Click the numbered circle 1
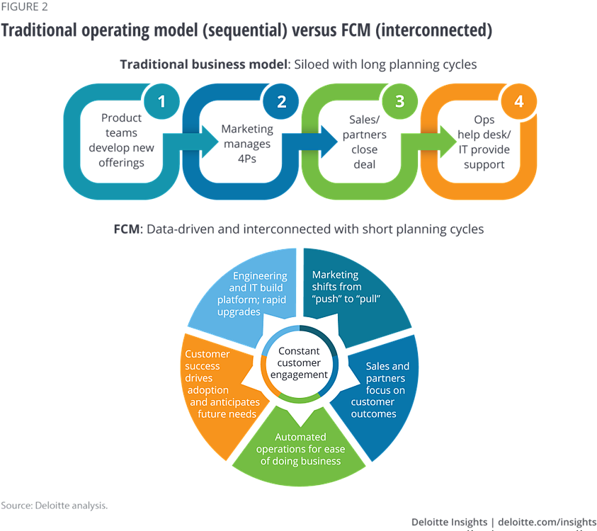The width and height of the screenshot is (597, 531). pyautogui.click(x=161, y=101)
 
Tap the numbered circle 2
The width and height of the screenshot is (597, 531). pyautogui.click(x=281, y=101)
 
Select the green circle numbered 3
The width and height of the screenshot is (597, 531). pyautogui.click(x=400, y=101)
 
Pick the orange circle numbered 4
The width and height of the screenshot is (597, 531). pyautogui.click(x=519, y=101)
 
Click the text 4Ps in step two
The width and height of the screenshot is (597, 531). pyautogui.click(x=247, y=159)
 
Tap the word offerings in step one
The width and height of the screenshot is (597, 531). pyautogui.click(x=122, y=163)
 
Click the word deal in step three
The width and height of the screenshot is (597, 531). pyautogui.click(x=365, y=164)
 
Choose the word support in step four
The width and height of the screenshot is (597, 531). pyautogui.click(x=484, y=165)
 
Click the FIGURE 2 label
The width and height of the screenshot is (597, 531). pyautogui.click(x=24, y=7)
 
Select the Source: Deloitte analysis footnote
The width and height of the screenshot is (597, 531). pyautogui.click(x=54, y=506)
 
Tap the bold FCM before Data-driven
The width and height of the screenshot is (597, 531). pyautogui.click(x=127, y=229)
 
